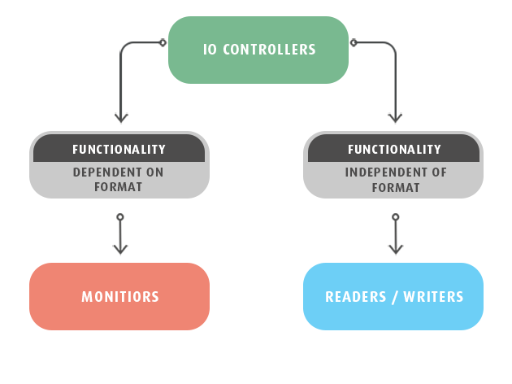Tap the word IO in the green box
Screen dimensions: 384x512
tap(209, 50)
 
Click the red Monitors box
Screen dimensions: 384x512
tap(119, 296)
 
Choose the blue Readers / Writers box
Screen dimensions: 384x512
tap(393, 296)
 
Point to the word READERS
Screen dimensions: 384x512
tap(354, 297)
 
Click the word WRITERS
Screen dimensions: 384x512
tap(435, 297)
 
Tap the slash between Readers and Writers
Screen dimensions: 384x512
tap(396, 297)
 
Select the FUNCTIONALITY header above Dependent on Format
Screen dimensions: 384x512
tap(119, 150)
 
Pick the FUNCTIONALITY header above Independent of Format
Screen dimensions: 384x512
tap(394, 150)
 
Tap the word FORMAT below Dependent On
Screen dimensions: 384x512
tap(119, 187)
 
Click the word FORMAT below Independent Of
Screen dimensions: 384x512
tap(394, 187)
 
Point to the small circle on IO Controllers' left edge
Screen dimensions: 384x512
tap(163, 42)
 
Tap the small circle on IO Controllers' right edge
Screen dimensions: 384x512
tap(354, 42)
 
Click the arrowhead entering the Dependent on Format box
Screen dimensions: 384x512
tap(121, 117)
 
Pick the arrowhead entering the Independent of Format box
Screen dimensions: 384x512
tap(396, 117)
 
